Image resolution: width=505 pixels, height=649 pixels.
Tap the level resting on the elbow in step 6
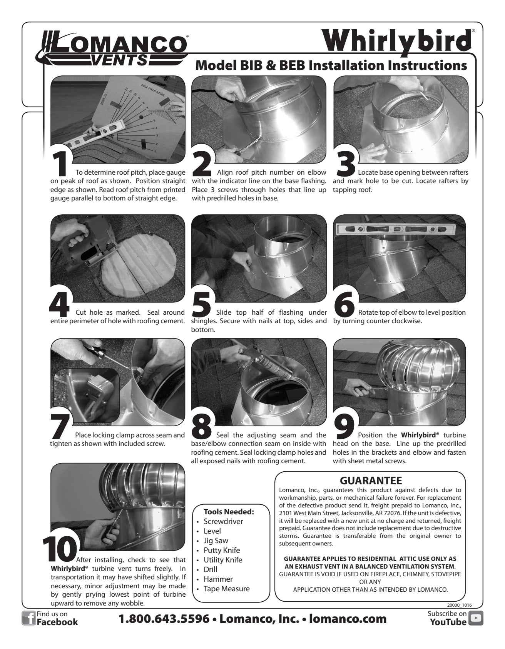coord(396,230)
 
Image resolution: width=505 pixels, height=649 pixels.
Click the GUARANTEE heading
coord(371,480)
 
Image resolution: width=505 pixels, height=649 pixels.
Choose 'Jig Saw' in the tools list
coord(216,541)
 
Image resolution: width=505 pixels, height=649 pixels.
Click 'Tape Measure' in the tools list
coord(226,589)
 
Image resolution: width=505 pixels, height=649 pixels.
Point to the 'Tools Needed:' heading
coord(229,512)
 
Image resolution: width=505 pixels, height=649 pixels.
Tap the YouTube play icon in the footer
coord(477,618)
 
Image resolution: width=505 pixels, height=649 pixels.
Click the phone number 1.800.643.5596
coord(164,619)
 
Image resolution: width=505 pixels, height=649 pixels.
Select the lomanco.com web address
coord(348,619)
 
